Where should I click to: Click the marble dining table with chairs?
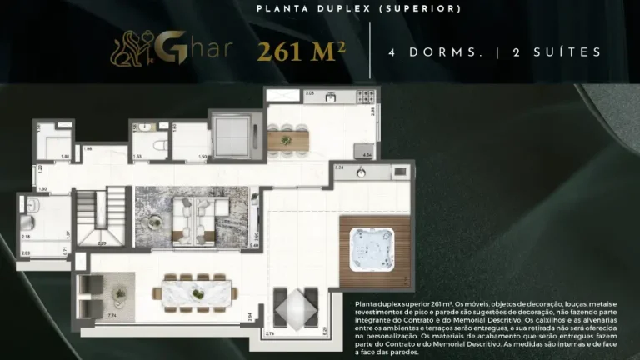click(x=197, y=294)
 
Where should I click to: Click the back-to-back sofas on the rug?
click(x=197, y=218)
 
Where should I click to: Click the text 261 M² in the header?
click(x=302, y=52)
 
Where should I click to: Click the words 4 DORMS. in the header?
click(x=435, y=52)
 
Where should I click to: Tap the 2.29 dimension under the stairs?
click(x=101, y=243)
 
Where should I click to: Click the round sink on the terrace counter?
click(x=362, y=172)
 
